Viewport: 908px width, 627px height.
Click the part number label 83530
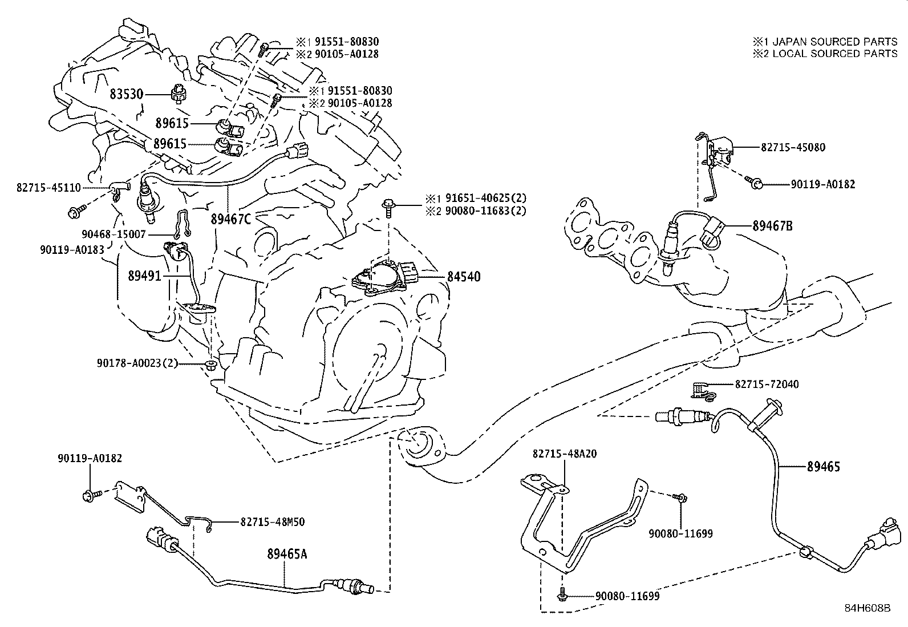coord(126,94)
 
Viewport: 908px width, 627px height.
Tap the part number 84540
coord(463,277)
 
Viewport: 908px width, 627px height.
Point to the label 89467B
coord(772,226)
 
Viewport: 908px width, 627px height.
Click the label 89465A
coord(287,553)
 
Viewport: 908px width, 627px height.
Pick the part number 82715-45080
coord(793,147)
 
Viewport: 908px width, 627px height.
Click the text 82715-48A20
coord(565,454)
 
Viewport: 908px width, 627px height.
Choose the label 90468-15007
coord(113,234)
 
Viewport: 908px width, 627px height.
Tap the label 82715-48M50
coord(272,521)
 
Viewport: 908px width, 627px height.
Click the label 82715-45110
coord(49,188)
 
